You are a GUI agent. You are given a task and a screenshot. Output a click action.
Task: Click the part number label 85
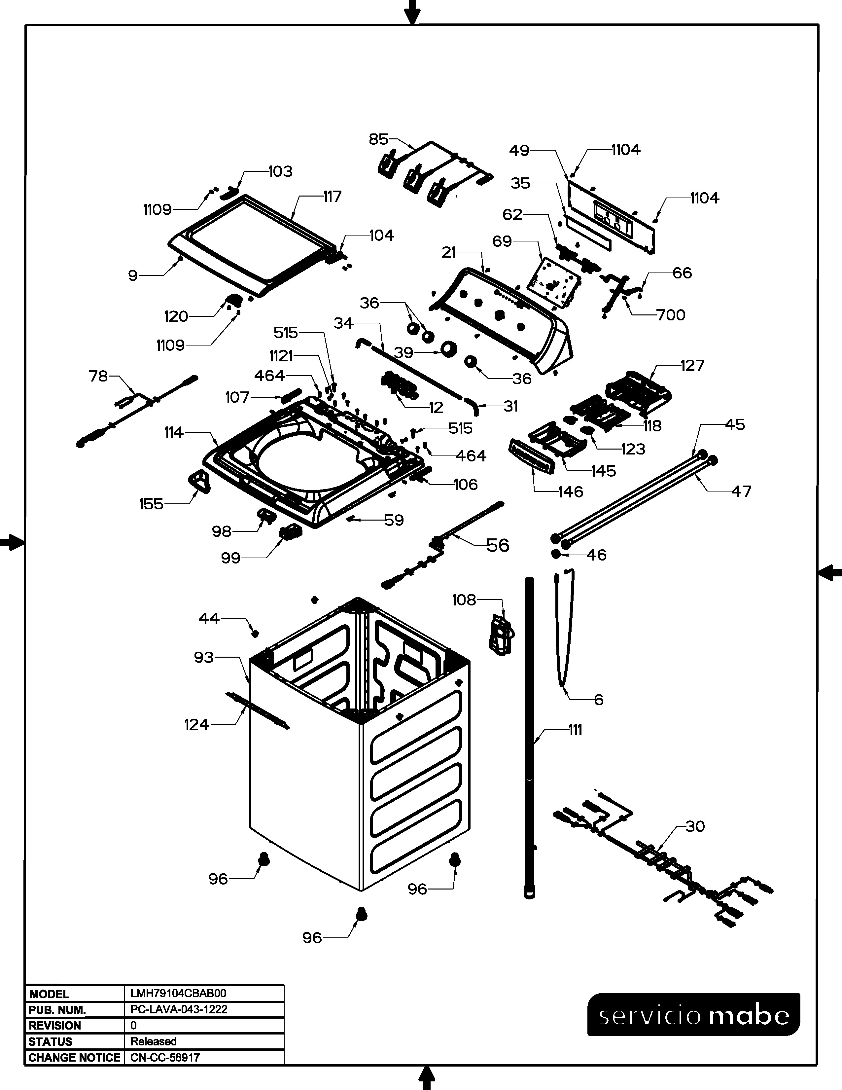coord(378,139)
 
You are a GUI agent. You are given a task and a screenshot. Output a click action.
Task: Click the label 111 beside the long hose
coord(575,730)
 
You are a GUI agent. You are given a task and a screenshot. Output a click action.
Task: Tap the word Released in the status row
coord(154,1041)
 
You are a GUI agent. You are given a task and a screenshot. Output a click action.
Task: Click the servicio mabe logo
coord(694,1015)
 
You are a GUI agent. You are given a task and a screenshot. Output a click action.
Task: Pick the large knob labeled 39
coord(449,349)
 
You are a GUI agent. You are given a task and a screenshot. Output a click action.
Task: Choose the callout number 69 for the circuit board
coord(502,241)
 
